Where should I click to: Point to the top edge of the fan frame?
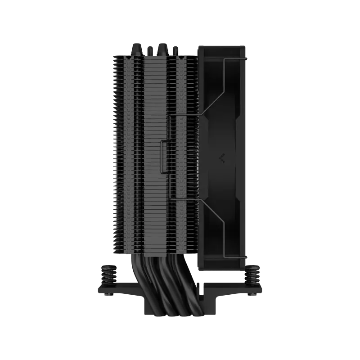pyautogui.click(x=223, y=45)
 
